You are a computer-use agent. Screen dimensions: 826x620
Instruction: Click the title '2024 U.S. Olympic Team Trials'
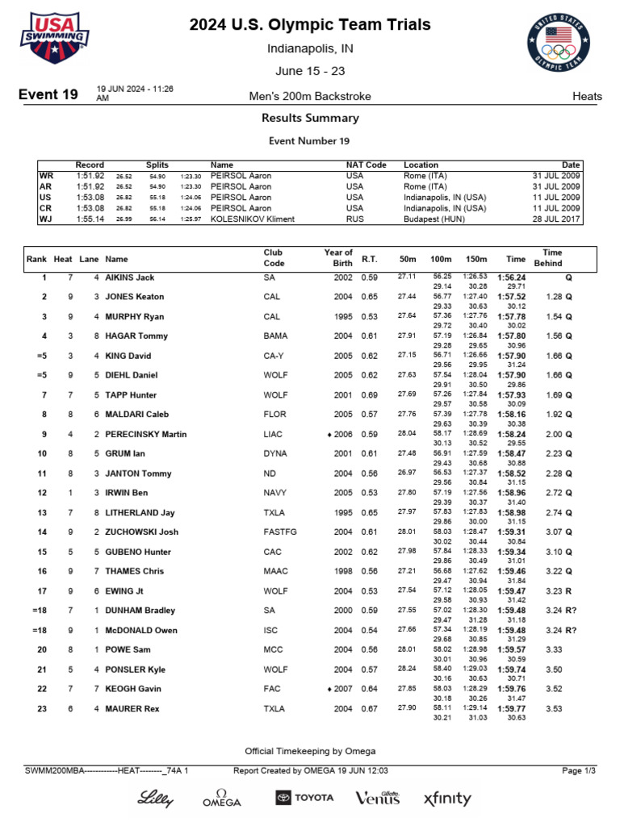pos(310,25)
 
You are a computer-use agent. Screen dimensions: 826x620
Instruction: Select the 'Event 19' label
pos(48,95)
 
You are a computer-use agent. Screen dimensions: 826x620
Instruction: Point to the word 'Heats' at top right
pos(587,96)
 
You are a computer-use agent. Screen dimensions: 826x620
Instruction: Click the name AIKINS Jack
pos(130,277)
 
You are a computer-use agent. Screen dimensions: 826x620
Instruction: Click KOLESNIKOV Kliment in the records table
pos(252,219)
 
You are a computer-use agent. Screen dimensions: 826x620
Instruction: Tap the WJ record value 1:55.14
pos(90,219)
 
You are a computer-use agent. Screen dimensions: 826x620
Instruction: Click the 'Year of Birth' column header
pos(338,257)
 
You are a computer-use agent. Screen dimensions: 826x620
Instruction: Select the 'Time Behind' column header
pos(552,257)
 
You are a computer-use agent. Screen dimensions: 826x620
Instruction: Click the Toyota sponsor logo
pos(304,798)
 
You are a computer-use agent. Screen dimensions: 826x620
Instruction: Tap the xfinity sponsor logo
pos(447,799)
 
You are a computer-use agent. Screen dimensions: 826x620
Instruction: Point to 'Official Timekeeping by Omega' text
pos(310,751)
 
